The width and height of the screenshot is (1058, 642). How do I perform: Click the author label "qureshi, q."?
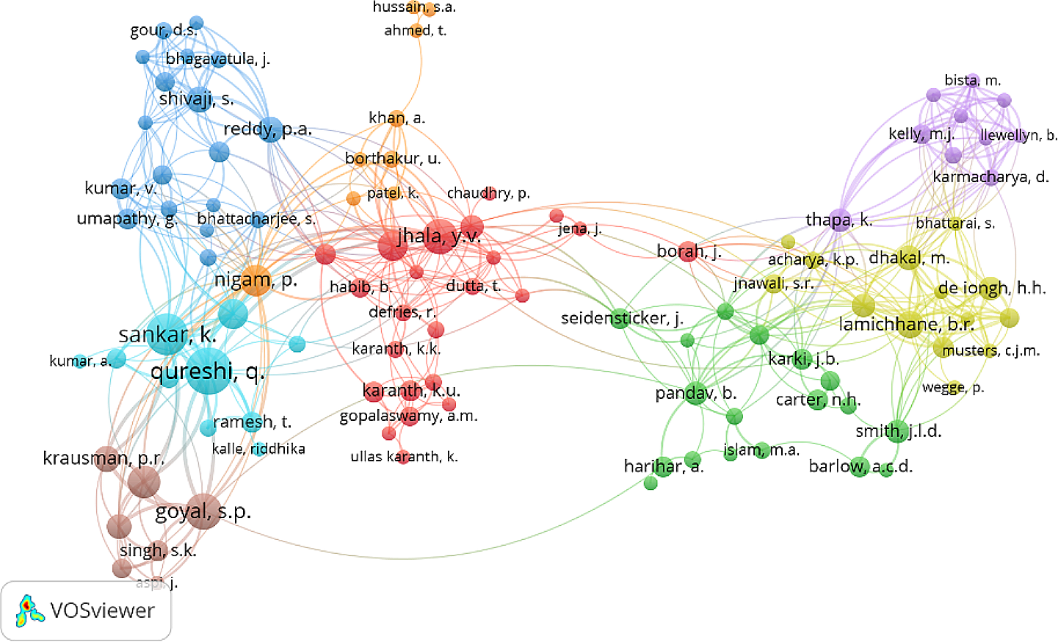[x=207, y=372]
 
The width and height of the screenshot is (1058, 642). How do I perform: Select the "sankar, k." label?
[x=167, y=335]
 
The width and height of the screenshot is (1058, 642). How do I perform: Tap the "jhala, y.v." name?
[x=439, y=236]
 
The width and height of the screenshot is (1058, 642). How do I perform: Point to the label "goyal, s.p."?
[x=203, y=511]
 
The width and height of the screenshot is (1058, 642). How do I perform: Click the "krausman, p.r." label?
[x=104, y=458]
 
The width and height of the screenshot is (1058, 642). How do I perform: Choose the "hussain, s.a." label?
[x=414, y=7]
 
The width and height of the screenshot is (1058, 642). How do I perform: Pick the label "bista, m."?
[x=972, y=80]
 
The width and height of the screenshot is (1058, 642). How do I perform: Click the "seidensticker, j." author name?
[x=622, y=318]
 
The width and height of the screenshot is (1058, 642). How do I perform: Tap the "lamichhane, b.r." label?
[x=906, y=324]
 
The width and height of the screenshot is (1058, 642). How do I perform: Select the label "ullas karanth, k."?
[x=404, y=456]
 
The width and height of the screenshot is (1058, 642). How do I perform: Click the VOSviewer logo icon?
[x=29, y=611]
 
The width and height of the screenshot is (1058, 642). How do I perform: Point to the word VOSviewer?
[x=102, y=611]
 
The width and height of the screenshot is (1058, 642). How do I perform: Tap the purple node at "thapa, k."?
[x=840, y=220]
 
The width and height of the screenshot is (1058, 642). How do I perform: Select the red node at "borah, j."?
[x=687, y=252]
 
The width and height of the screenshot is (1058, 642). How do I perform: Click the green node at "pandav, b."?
[x=695, y=394]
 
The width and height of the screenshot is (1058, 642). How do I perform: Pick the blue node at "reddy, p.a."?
[x=270, y=129]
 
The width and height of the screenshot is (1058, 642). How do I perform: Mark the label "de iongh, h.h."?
[x=991, y=288]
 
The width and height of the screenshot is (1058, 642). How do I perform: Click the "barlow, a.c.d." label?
[x=860, y=466]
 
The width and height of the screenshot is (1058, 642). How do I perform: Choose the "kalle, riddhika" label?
[x=258, y=449]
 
